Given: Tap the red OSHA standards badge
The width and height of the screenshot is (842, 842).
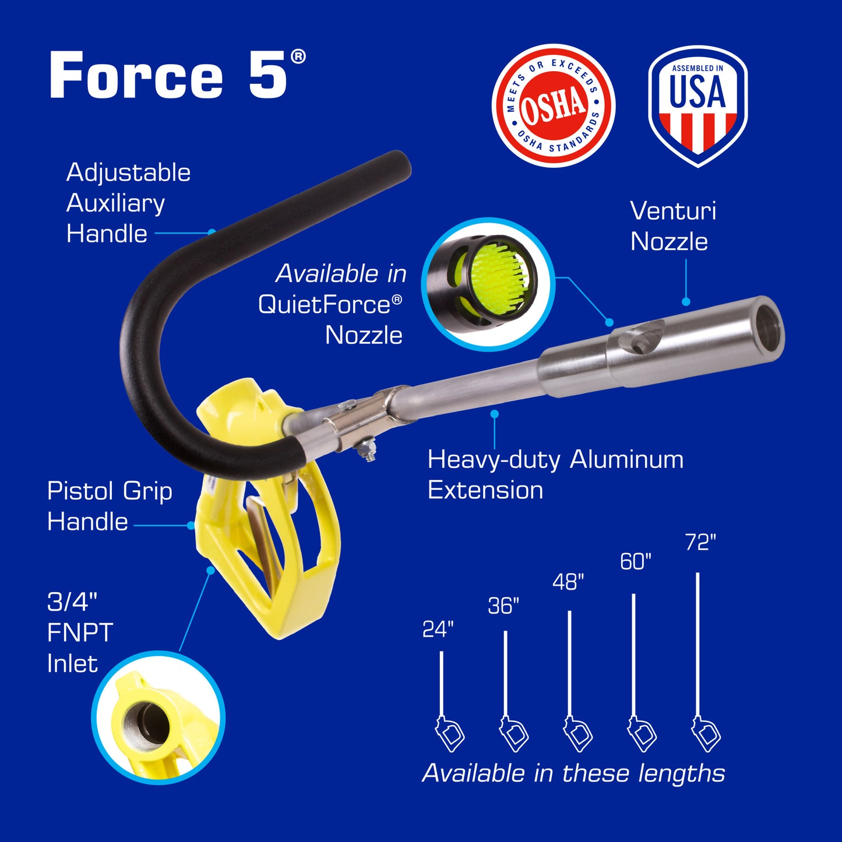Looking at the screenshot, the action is [x=553, y=105].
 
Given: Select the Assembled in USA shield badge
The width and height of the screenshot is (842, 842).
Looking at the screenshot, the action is [x=697, y=106].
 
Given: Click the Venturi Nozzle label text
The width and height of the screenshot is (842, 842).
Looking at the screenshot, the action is [x=673, y=226].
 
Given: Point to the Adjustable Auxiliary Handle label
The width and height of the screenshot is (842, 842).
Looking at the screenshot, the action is [x=128, y=203].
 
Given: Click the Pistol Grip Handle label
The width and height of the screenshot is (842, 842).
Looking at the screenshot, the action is [x=109, y=506].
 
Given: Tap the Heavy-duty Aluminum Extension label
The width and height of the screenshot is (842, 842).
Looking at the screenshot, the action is [x=555, y=474].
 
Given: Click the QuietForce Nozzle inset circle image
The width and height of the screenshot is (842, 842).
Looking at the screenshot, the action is [x=488, y=284].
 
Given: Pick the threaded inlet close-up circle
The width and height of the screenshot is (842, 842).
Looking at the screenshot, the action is [x=158, y=717].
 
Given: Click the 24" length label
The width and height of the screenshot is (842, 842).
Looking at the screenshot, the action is [x=438, y=629].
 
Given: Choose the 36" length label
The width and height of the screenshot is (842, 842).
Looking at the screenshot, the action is [x=503, y=605].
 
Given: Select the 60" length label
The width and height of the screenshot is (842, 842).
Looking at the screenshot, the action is [x=635, y=562].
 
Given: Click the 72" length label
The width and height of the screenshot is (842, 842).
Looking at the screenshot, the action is [x=700, y=542].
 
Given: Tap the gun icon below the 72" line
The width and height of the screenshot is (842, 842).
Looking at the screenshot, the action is [x=706, y=734].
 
